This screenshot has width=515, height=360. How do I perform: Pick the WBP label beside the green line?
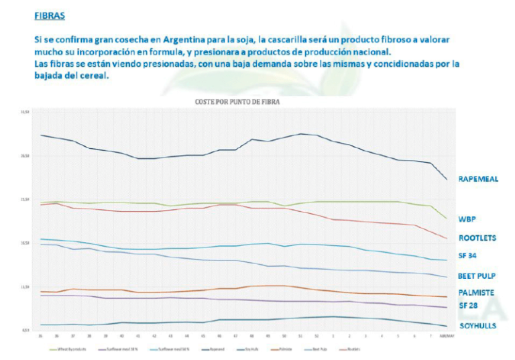point(467,219)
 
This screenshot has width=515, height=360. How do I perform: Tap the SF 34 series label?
point(468,256)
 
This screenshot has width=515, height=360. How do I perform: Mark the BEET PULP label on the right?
point(477,276)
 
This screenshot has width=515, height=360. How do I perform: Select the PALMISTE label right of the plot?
point(476,293)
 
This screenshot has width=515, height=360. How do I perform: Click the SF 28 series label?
point(468,306)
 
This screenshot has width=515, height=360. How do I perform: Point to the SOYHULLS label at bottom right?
point(477,326)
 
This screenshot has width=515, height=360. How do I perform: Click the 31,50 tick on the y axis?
point(25,113)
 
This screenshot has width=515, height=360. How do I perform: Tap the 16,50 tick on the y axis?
point(25,243)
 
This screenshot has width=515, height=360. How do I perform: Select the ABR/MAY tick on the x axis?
point(443,336)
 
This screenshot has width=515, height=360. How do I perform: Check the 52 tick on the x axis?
point(317,336)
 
